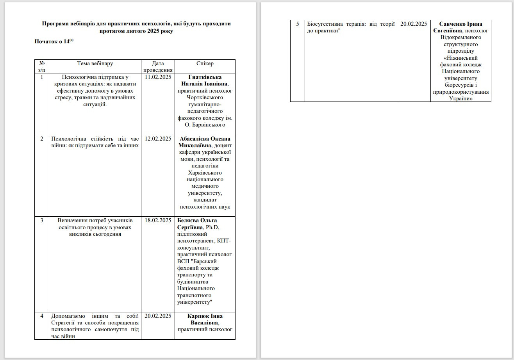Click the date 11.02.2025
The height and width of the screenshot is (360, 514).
pos(158,77)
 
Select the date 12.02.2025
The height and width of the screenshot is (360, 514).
pos(158,139)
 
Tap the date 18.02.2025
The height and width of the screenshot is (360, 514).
pos(158,221)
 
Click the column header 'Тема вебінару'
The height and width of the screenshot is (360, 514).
pos(95,64)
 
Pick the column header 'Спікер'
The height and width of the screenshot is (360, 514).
pos(205,64)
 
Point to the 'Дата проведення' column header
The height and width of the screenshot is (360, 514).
pos(158,66)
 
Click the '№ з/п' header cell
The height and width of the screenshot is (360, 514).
pos(41,66)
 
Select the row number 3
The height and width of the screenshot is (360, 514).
pos(42,221)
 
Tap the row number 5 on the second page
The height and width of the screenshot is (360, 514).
pos(298,24)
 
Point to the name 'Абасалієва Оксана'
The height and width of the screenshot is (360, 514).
pos(205,139)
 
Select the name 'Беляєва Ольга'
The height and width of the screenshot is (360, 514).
pos(197,221)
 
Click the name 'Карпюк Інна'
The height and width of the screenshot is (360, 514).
pos(205,316)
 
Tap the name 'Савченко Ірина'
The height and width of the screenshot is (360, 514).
pos(460,24)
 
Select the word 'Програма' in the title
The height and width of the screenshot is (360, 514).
pos(55,23)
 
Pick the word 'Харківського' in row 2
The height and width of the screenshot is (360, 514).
pos(205,173)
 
